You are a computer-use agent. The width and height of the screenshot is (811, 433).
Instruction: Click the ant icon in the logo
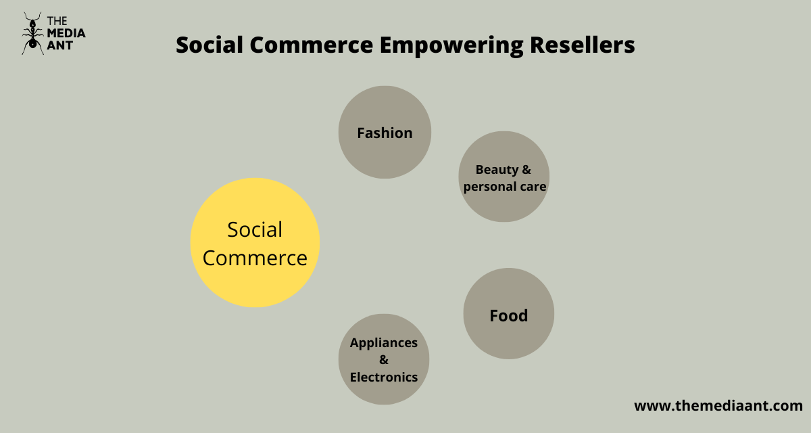pyautogui.click(x=32, y=32)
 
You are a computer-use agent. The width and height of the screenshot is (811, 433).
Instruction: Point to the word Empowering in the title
pyautogui.click(x=449, y=45)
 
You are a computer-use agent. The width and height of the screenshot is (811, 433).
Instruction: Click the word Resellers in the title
pyautogui.click(x=582, y=45)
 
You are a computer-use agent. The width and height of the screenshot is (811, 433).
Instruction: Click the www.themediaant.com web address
pyautogui.click(x=718, y=406)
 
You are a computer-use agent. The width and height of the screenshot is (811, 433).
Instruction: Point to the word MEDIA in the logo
pyautogui.click(x=66, y=32)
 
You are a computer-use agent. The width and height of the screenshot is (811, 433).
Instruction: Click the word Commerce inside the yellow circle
pyautogui.click(x=255, y=258)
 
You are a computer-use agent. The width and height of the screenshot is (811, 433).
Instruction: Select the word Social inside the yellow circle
pyautogui.click(x=255, y=229)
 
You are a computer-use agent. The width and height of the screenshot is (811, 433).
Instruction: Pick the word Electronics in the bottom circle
pyautogui.click(x=383, y=377)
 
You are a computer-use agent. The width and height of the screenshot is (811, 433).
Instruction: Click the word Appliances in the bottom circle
pyautogui.click(x=383, y=342)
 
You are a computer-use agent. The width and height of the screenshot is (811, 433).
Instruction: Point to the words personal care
pyautogui.click(x=504, y=186)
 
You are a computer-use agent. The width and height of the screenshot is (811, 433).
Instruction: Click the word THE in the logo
pyautogui.click(x=57, y=20)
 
